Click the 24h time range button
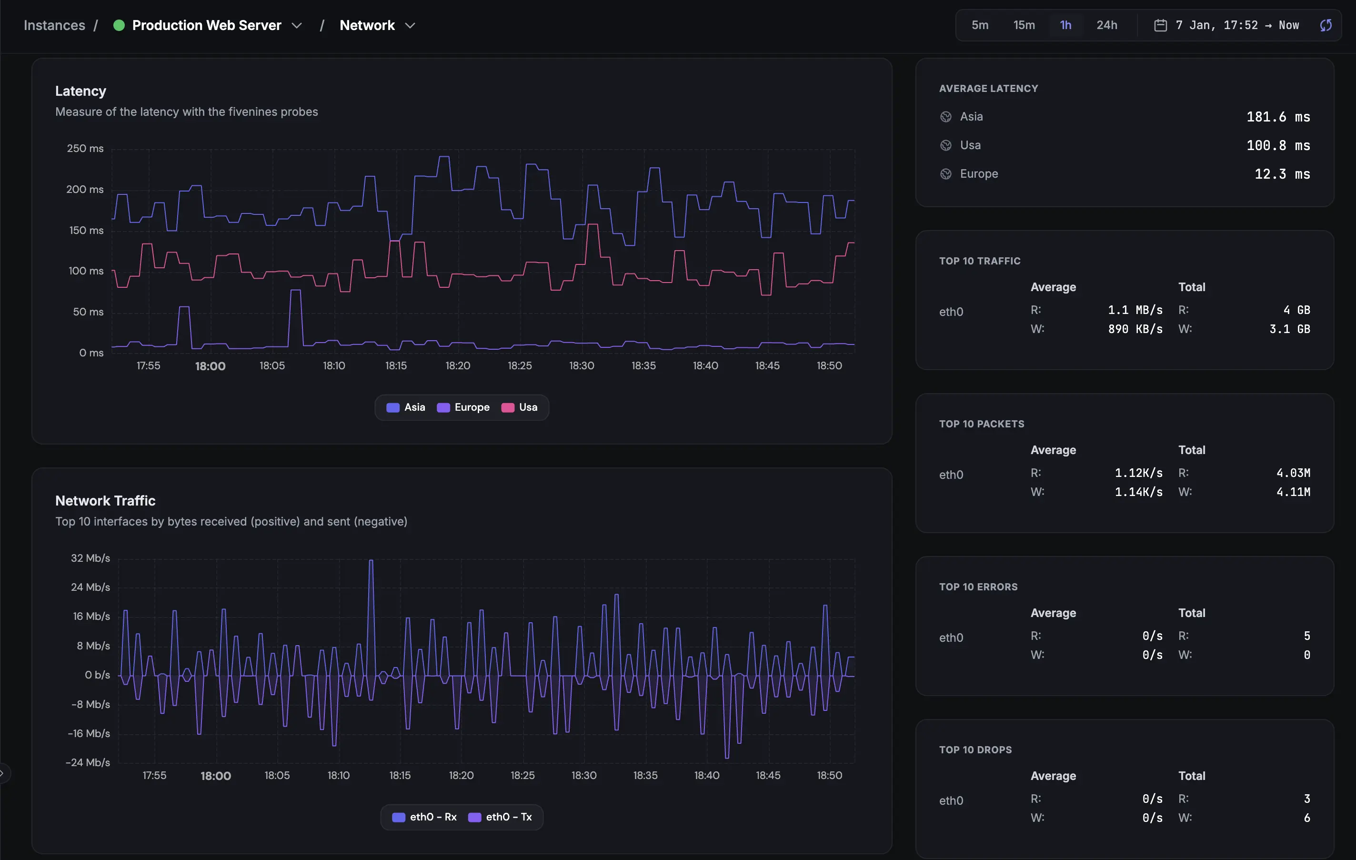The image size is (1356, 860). pos(1106,25)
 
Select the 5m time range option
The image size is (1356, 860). pos(979,25)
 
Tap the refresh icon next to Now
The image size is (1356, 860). pos(1326,25)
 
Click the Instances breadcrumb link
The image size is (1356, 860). pos(55,25)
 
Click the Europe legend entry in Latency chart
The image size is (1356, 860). pos(463,407)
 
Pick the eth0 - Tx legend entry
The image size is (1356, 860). pos(500,817)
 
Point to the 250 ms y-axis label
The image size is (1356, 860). pos(85,149)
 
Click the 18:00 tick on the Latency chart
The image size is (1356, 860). pos(210,366)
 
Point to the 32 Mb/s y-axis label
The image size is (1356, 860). pos(90,558)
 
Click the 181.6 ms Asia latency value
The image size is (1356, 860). pos(1278,117)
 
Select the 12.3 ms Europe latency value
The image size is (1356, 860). pos(1282,174)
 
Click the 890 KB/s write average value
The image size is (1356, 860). pos(1135,329)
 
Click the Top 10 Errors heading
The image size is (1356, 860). pos(978,587)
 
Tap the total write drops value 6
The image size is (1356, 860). pos(1306,818)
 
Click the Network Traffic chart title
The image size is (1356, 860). pos(105,501)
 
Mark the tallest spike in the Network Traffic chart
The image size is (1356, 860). pos(371,562)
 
